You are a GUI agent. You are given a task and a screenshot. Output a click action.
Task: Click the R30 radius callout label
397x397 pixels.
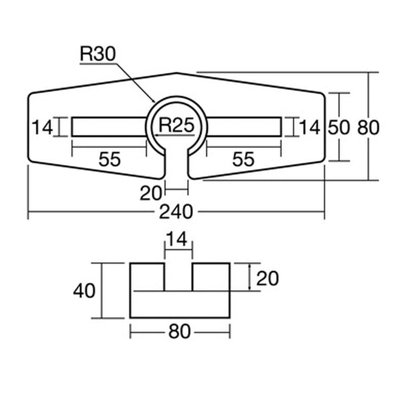(x=97, y=54)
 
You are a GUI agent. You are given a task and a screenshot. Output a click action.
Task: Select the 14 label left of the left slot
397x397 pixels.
(x=42, y=128)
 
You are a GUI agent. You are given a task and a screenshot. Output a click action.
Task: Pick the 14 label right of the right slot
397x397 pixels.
(x=309, y=128)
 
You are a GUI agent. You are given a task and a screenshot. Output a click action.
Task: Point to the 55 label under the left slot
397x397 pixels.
(x=109, y=160)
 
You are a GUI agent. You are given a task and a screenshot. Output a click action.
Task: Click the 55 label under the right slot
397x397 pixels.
(x=243, y=160)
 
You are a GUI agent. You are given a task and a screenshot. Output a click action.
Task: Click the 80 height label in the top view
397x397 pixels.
(x=369, y=128)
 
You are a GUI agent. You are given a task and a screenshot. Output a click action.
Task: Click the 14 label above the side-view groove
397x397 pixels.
(x=177, y=241)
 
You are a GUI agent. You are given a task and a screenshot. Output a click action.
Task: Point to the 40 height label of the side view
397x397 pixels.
(x=84, y=291)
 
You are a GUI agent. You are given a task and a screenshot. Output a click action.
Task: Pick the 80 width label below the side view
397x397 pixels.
(x=179, y=332)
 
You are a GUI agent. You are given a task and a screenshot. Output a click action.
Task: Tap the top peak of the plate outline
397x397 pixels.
(x=176, y=73)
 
